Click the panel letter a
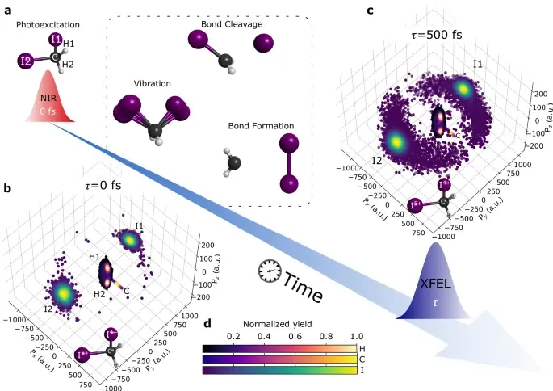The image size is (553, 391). click(8, 11)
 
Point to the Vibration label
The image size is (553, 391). click(153, 84)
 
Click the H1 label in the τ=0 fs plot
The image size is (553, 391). click(94, 256)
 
